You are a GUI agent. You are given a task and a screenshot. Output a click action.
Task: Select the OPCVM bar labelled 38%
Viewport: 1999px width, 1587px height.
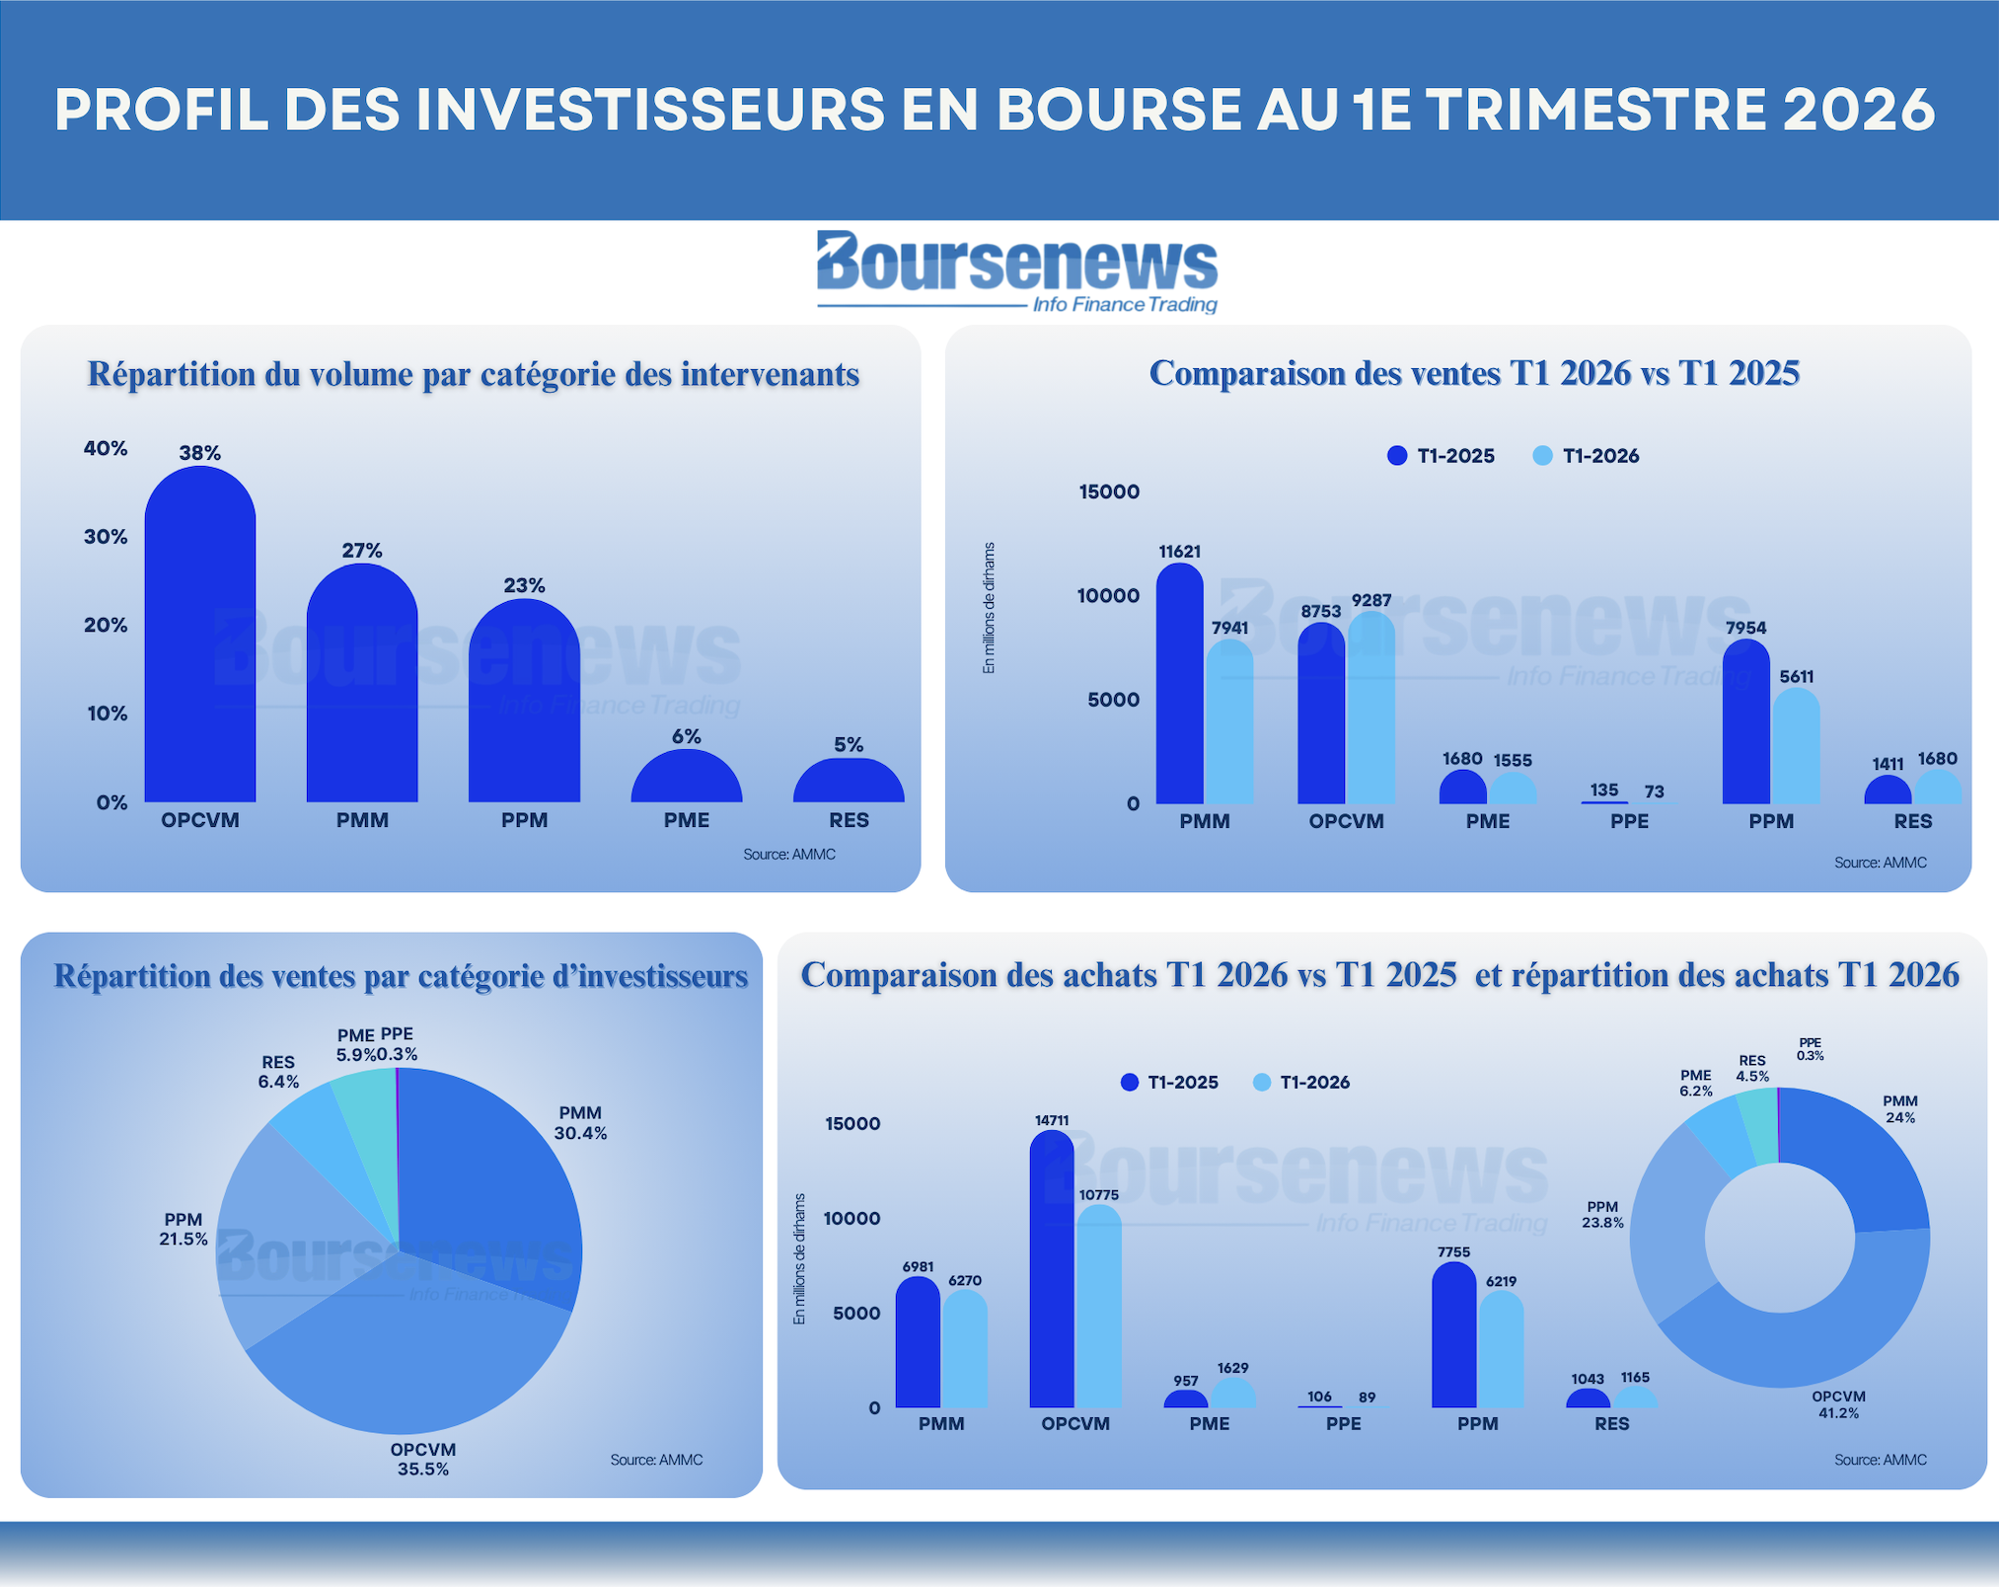coord(200,634)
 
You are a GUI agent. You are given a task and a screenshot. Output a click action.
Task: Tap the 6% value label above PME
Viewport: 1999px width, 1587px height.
coord(687,736)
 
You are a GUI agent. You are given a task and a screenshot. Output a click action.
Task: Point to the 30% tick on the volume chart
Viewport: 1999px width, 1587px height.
coord(106,537)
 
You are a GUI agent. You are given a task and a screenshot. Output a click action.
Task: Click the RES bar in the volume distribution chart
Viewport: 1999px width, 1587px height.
coord(849,780)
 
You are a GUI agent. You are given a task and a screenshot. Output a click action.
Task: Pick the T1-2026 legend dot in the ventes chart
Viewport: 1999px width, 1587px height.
coord(1543,455)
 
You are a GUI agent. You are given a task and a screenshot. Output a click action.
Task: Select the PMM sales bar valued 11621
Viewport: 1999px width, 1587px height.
coord(1180,683)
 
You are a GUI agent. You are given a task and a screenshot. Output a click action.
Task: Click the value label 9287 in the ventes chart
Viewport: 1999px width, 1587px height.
coord(1371,600)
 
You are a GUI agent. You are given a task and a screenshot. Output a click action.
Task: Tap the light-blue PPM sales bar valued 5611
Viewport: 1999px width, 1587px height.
coord(1797,745)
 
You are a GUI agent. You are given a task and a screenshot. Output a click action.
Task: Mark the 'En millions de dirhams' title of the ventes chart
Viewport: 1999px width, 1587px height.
coord(989,608)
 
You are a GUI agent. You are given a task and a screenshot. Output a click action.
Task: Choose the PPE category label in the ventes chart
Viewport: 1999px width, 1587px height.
coord(1629,821)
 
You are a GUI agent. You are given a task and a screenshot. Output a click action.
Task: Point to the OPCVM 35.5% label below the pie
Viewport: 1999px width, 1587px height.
coord(423,1459)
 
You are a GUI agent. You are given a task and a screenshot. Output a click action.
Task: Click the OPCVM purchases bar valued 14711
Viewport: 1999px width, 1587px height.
coord(1052,1268)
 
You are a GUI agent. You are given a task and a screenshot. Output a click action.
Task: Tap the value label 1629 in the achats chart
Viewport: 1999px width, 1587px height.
coord(1232,1368)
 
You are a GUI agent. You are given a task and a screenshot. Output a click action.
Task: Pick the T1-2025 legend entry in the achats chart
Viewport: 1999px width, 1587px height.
coord(1170,1082)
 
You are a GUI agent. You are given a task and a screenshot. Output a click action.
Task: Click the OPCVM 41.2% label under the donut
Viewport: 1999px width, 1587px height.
coord(1839,1404)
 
